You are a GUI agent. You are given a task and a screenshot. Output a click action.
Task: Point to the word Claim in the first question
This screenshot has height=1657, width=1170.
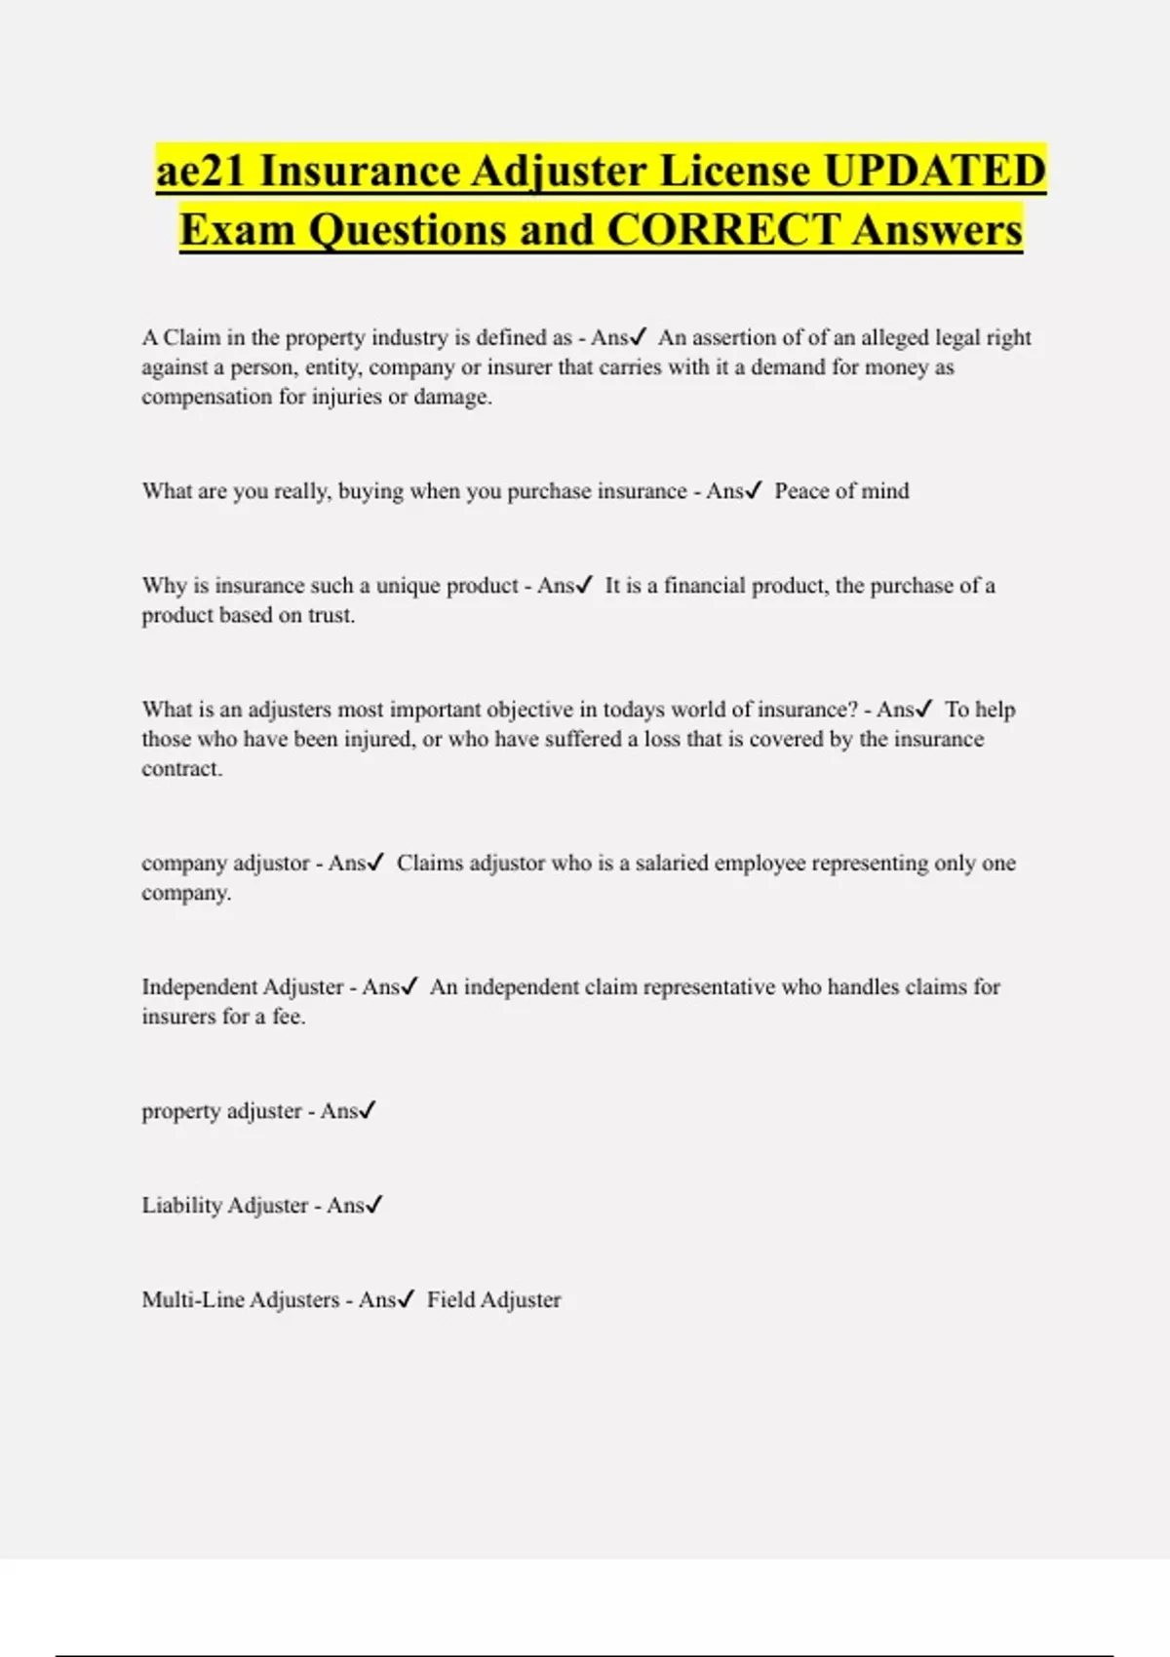coord(191,338)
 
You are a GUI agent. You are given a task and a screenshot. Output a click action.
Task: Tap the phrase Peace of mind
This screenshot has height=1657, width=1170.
coord(841,491)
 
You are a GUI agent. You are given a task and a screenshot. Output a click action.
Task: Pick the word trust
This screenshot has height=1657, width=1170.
coord(331,616)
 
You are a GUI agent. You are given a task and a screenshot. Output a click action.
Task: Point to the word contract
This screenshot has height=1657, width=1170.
coord(181,769)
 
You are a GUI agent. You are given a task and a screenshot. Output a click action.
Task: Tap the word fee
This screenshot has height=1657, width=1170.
coord(289,1017)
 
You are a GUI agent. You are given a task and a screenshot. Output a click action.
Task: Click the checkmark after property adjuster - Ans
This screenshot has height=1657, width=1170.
coord(368,1111)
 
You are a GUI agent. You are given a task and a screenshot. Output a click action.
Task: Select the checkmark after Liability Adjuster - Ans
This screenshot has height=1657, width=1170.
coord(374,1206)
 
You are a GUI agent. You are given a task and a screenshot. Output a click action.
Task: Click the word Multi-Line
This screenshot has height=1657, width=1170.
coord(192,1300)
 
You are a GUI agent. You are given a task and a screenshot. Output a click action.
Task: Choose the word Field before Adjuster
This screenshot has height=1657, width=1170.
coord(450,1300)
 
